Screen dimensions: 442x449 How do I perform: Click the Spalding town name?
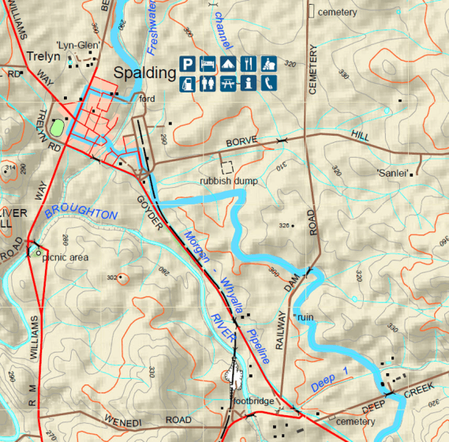pos(144,73)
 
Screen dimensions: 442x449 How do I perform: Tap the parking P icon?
pos(188,64)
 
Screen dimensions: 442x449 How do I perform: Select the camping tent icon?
pos(229,64)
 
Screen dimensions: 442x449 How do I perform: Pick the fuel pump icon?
pos(188,82)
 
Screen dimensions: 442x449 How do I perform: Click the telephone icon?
pos(270,82)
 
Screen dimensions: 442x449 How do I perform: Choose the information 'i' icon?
pos(249,82)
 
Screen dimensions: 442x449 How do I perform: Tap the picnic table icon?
pos(229,82)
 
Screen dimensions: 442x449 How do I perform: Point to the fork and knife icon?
pos(249,64)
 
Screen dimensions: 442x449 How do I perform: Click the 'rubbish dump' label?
pos(227,181)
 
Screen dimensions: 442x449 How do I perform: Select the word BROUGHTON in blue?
pos(82,212)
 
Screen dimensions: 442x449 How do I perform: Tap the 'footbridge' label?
pos(253,401)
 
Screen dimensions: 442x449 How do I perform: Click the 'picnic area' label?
pos(65,257)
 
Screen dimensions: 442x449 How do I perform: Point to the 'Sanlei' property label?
pos(391,173)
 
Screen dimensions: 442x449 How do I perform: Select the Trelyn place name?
pos(43,57)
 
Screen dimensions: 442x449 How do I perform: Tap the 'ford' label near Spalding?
pos(147,99)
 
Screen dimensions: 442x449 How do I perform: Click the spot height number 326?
pos(284,226)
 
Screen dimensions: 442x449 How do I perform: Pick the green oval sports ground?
pos(57,125)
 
